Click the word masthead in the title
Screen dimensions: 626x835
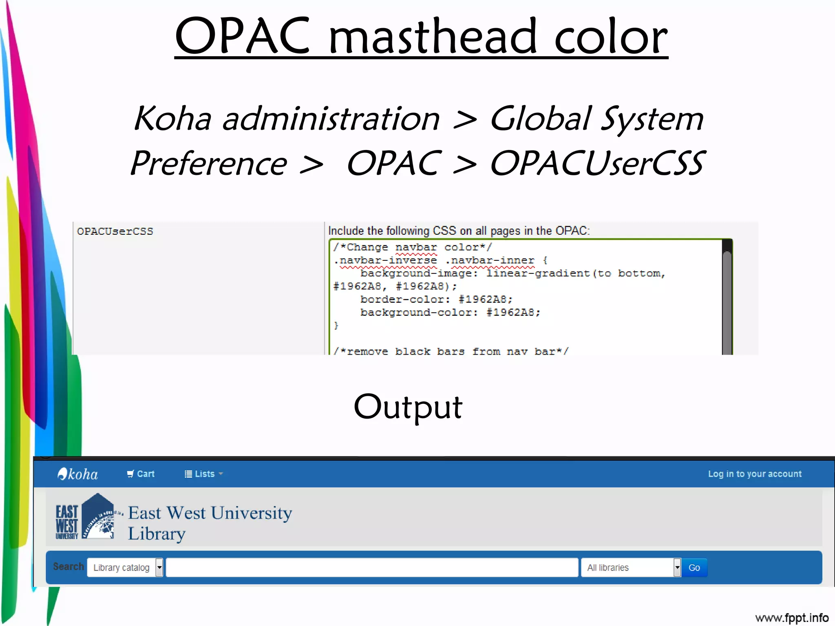432,37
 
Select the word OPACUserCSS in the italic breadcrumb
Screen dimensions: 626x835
597,163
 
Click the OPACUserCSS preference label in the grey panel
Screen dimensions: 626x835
115,231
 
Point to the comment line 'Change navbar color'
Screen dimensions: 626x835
412,247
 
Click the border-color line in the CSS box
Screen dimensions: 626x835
436,300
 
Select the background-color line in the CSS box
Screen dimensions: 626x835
450,313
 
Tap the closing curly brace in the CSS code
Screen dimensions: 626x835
336,325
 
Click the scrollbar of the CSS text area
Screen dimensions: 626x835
727,298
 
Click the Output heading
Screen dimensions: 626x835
408,407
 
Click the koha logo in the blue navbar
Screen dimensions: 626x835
78,474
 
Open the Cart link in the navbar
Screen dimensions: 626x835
141,474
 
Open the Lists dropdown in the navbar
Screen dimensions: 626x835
203,474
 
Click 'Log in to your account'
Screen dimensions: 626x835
754,474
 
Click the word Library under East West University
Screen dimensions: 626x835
157,534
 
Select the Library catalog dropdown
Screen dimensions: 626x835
125,567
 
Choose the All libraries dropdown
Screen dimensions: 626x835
631,567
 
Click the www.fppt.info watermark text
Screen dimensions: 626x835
791,618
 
